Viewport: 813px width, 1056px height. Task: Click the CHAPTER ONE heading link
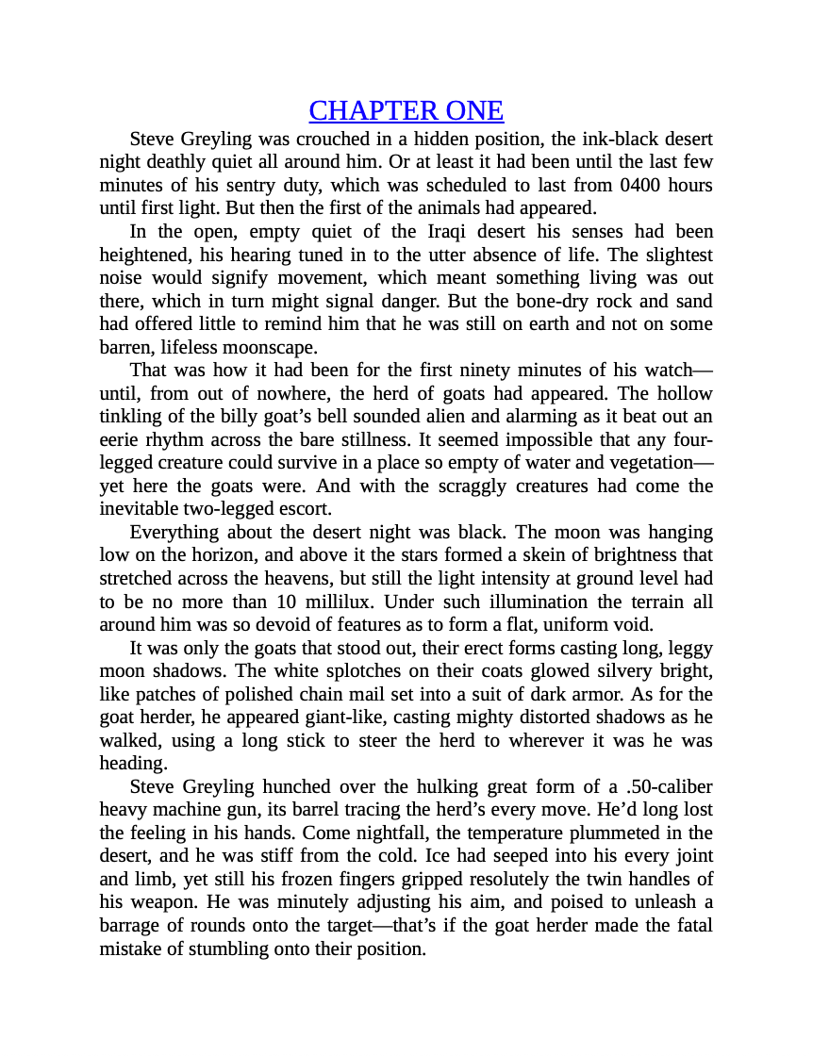pos(406,111)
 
